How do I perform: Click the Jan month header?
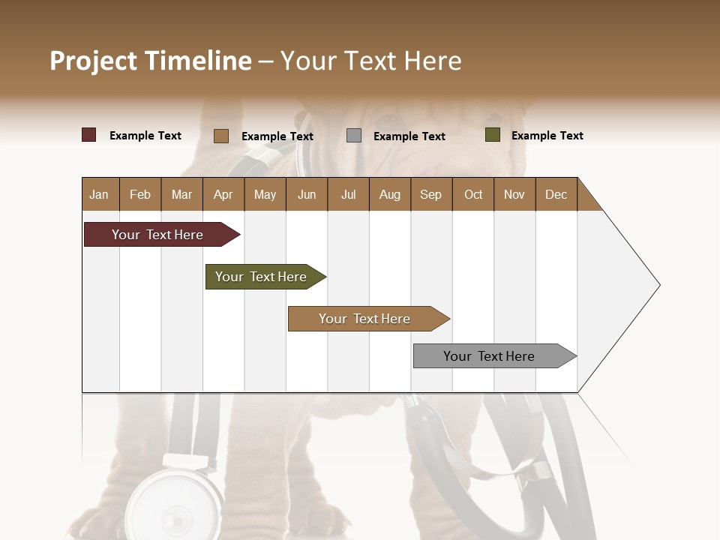coord(100,194)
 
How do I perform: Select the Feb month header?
coord(140,194)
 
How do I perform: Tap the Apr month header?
coord(223,194)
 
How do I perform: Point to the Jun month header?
coord(307,194)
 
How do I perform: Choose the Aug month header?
coord(389,194)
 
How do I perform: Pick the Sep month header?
coord(430,194)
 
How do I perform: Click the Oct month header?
coord(473,194)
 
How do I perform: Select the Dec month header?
coord(556,194)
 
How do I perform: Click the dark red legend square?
coord(89,135)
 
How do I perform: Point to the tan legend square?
coord(221,136)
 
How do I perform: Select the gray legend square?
coord(354,136)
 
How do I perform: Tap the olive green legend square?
coord(493,135)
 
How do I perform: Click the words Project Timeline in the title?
coord(151,61)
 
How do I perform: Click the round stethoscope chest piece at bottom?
coord(176,506)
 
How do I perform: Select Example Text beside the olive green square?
coord(547,136)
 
